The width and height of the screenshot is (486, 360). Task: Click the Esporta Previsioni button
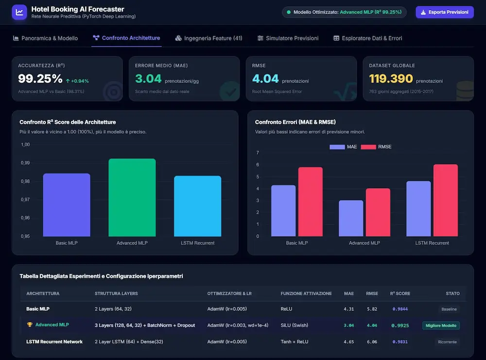[x=445, y=13]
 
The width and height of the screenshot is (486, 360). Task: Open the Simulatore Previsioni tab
[x=288, y=38]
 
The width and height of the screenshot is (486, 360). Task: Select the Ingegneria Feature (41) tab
[x=208, y=38]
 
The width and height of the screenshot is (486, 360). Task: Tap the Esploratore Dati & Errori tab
[x=367, y=38]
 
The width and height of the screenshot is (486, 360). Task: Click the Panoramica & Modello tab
[x=45, y=38]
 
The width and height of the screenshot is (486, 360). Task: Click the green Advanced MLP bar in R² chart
[x=132, y=197]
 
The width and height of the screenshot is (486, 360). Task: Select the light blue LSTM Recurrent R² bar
[x=197, y=206]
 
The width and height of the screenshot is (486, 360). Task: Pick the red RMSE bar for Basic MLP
[x=310, y=202]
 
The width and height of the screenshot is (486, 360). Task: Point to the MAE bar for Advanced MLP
[x=351, y=219]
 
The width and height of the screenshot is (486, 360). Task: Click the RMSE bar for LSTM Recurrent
[x=445, y=201]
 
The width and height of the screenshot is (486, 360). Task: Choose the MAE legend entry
[x=343, y=147]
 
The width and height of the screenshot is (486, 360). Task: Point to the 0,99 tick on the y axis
[x=25, y=163]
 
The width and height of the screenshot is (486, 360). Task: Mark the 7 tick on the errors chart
[x=258, y=153]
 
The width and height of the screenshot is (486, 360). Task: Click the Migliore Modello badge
[x=441, y=326]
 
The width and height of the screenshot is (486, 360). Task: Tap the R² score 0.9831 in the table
[x=400, y=342]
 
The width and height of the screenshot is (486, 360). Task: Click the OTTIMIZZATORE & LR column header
[x=229, y=293]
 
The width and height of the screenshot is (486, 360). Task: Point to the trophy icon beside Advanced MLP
[x=30, y=325]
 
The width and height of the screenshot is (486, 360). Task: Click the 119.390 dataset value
[x=391, y=79]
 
